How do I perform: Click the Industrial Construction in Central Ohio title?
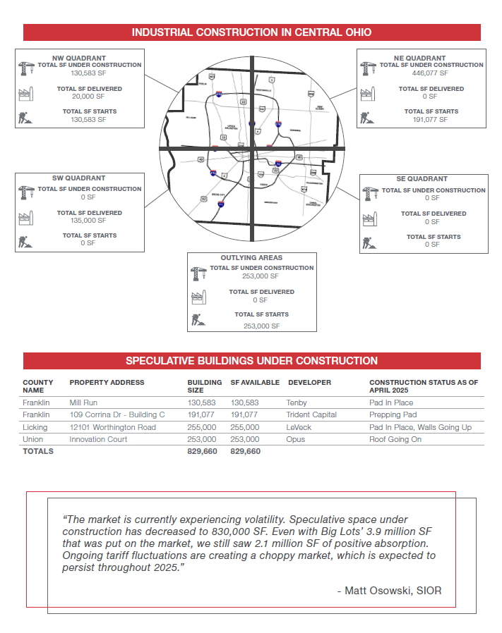tap(251, 32)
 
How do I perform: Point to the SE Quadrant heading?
tap(422, 179)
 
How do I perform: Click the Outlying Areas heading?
tap(251, 259)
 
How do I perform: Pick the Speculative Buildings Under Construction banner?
tap(251, 361)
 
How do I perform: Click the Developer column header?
tap(309, 383)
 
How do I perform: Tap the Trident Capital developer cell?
tap(311, 415)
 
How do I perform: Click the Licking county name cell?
tap(35, 427)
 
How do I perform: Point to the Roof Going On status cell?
tap(396, 439)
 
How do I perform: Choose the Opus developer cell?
tap(297, 439)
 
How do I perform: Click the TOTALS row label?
tap(38, 451)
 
